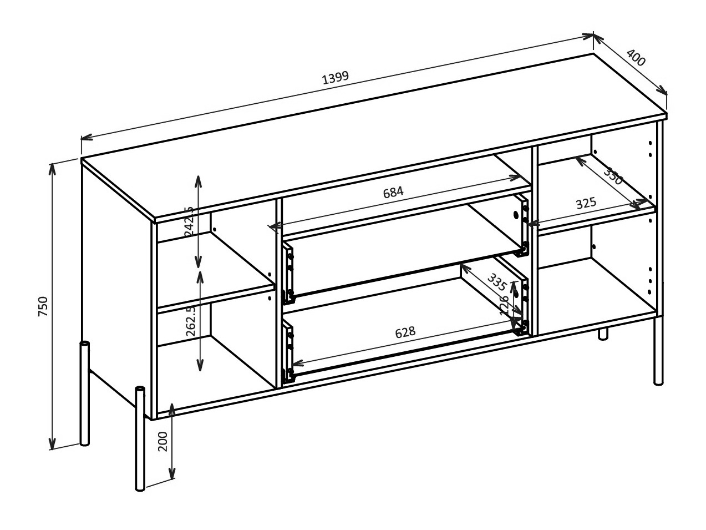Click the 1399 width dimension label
pyautogui.click(x=336, y=77)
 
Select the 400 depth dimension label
pyautogui.click(x=636, y=58)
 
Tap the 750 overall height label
pyautogui.click(x=43, y=306)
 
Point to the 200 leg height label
pyautogui.click(x=162, y=441)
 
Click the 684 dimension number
pyautogui.click(x=393, y=192)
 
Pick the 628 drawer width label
pyautogui.click(x=405, y=332)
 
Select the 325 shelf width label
pyautogui.click(x=586, y=203)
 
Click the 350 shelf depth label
pyautogui.click(x=613, y=176)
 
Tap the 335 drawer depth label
pyautogui.click(x=496, y=282)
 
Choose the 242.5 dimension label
pyautogui.click(x=189, y=221)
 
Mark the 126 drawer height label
pyautogui.click(x=505, y=305)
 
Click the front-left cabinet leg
pyautogui.click(x=140, y=438)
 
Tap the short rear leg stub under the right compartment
pyautogui.click(x=603, y=334)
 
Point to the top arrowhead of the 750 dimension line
pyautogui.click(x=53, y=167)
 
